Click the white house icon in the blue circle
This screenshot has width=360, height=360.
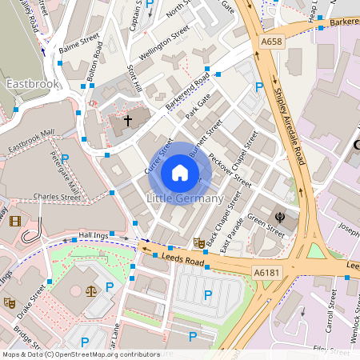[x=180, y=172]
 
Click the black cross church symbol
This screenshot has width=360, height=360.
[x=127, y=121]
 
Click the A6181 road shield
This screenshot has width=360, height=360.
[x=267, y=273]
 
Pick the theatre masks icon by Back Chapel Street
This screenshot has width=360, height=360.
[x=199, y=242]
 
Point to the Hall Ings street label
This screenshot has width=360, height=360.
[x=93, y=235]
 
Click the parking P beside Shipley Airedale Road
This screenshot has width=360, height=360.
[x=258, y=87]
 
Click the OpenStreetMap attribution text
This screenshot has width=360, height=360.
[x=80, y=354]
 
